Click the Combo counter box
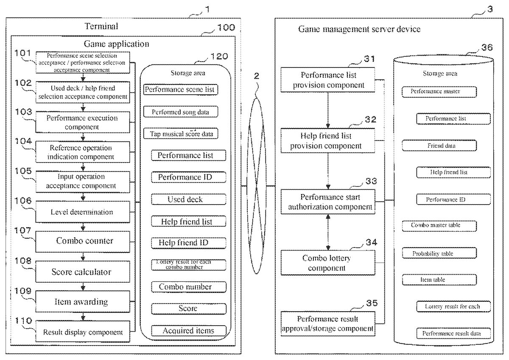(x=84, y=241)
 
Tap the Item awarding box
(x=81, y=302)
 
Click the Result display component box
(x=83, y=332)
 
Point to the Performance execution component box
(x=82, y=122)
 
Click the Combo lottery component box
(x=327, y=263)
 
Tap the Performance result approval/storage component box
(x=327, y=323)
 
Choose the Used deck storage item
(x=185, y=200)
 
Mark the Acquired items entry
(x=188, y=331)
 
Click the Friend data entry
(x=439, y=146)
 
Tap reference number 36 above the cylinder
(x=487, y=48)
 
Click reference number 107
(x=22, y=231)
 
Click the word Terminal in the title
(x=102, y=26)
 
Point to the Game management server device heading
(x=359, y=29)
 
